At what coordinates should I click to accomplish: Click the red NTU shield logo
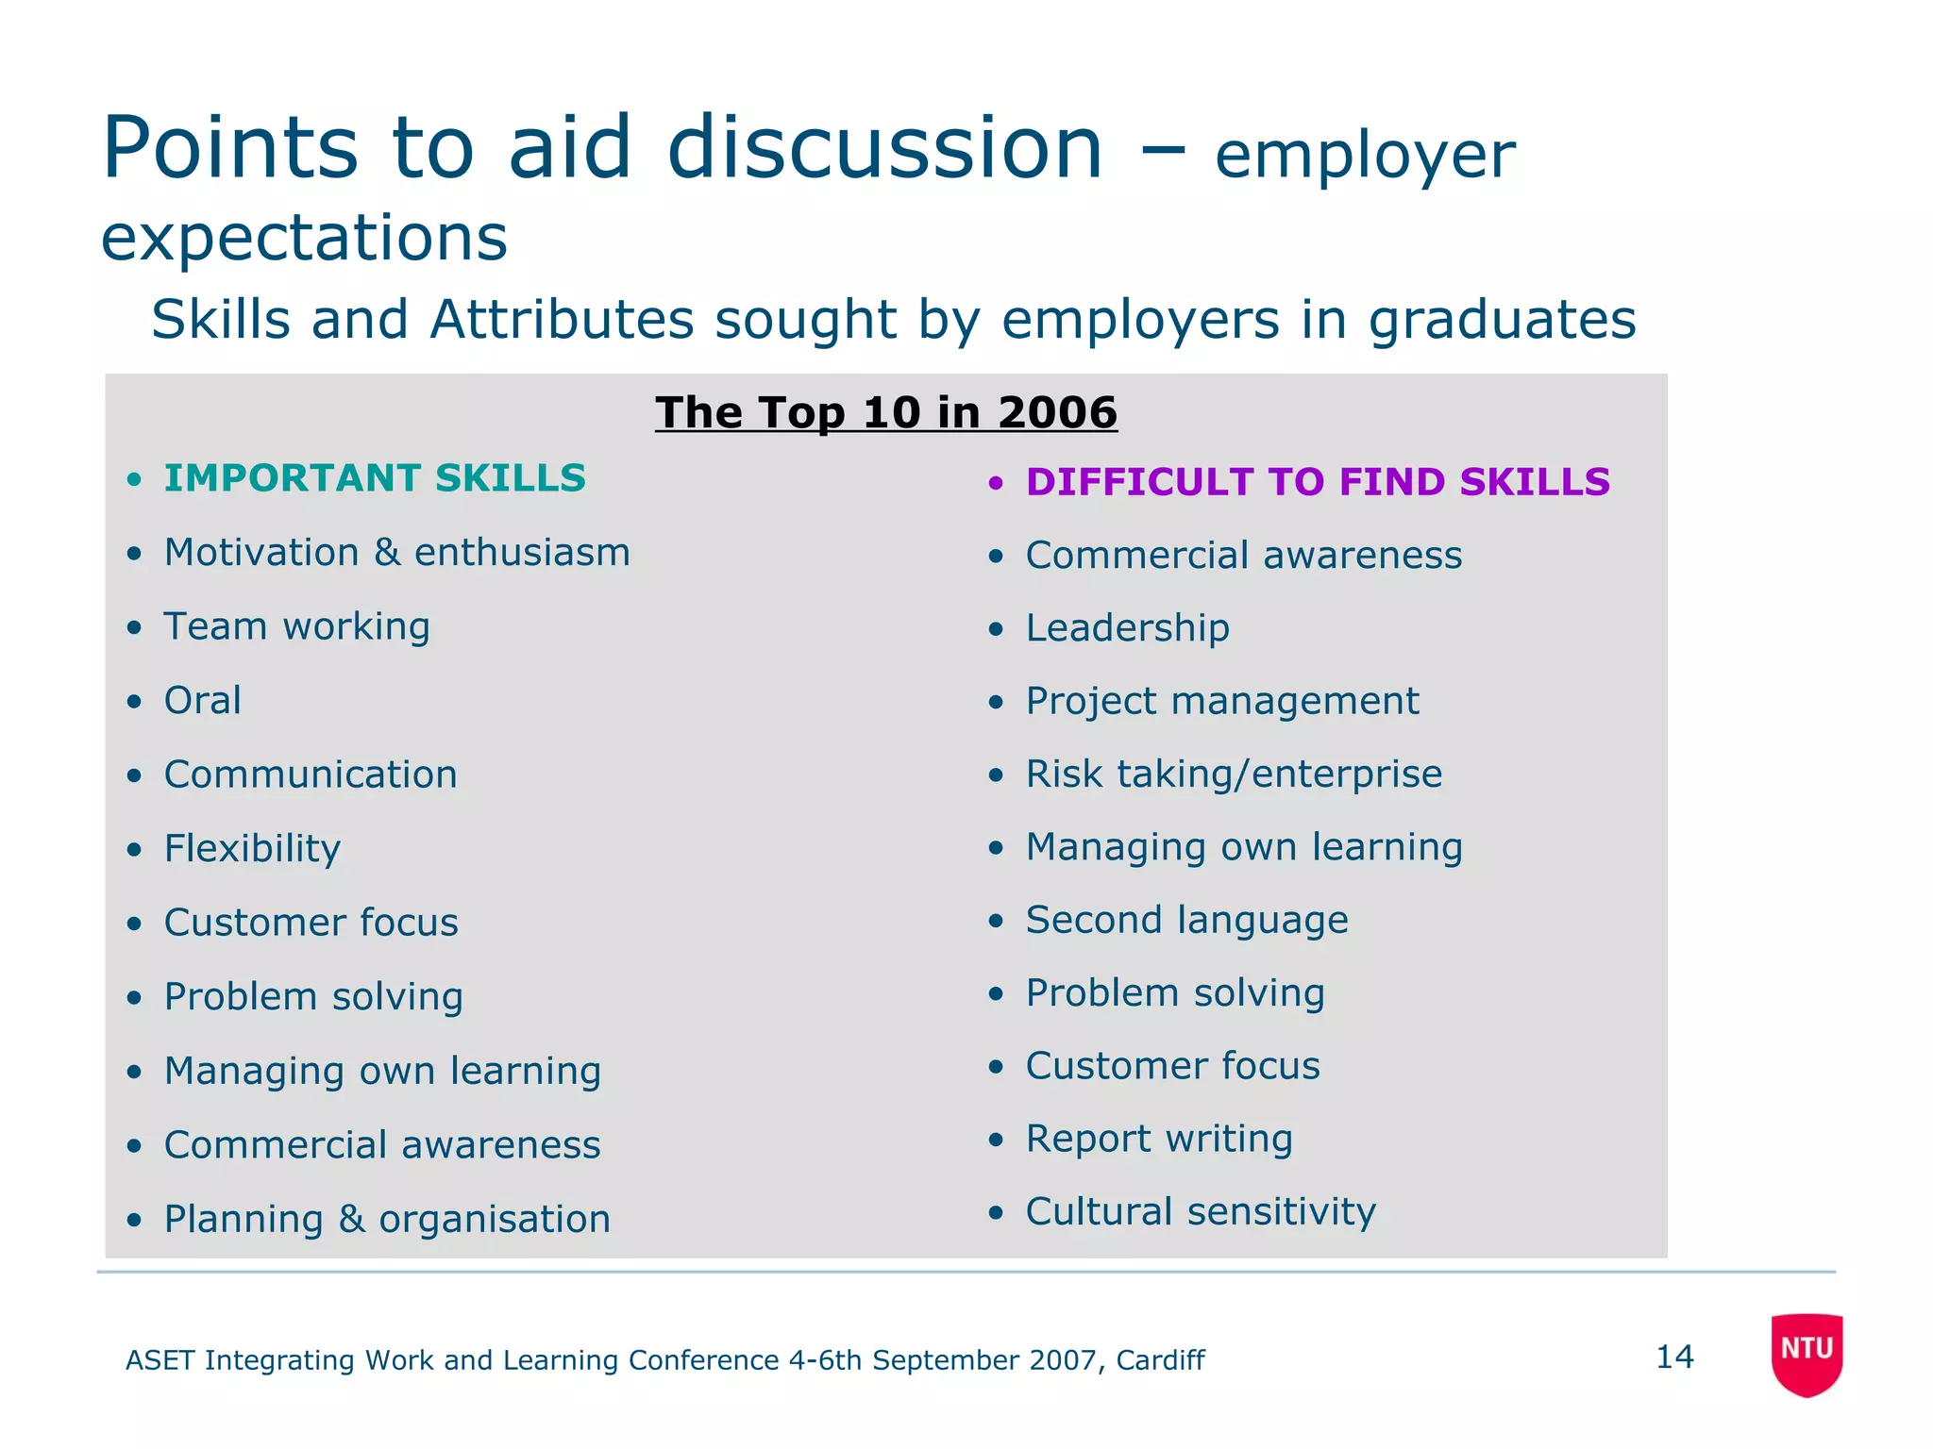click(1807, 1353)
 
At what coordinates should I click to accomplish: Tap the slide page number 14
click(1674, 1357)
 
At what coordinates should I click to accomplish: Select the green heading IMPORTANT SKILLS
click(375, 478)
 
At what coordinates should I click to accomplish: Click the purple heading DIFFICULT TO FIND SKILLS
click(1318, 482)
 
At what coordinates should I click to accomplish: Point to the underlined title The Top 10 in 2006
click(886, 412)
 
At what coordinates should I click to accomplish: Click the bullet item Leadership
click(1128, 628)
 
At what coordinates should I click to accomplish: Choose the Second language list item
click(1187, 920)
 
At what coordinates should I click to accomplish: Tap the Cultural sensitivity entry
click(1201, 1211)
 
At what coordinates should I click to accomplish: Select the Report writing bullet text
click(1159, 1139)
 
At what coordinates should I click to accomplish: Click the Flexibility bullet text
click(252, 848)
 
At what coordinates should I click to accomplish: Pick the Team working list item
click(297, 626)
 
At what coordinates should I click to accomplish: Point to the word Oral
click(203, 700)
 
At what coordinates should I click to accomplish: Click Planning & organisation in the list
click(387, 1219)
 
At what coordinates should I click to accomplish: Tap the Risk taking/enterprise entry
click(1234, 774)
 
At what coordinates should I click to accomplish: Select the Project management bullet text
click(1222, 701)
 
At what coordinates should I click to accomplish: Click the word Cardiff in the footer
click(1160, 1360)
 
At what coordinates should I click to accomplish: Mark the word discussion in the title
click(884, 148)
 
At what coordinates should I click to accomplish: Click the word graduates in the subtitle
click(1502, 320)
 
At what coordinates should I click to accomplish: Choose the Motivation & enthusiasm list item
click(396, 553)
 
